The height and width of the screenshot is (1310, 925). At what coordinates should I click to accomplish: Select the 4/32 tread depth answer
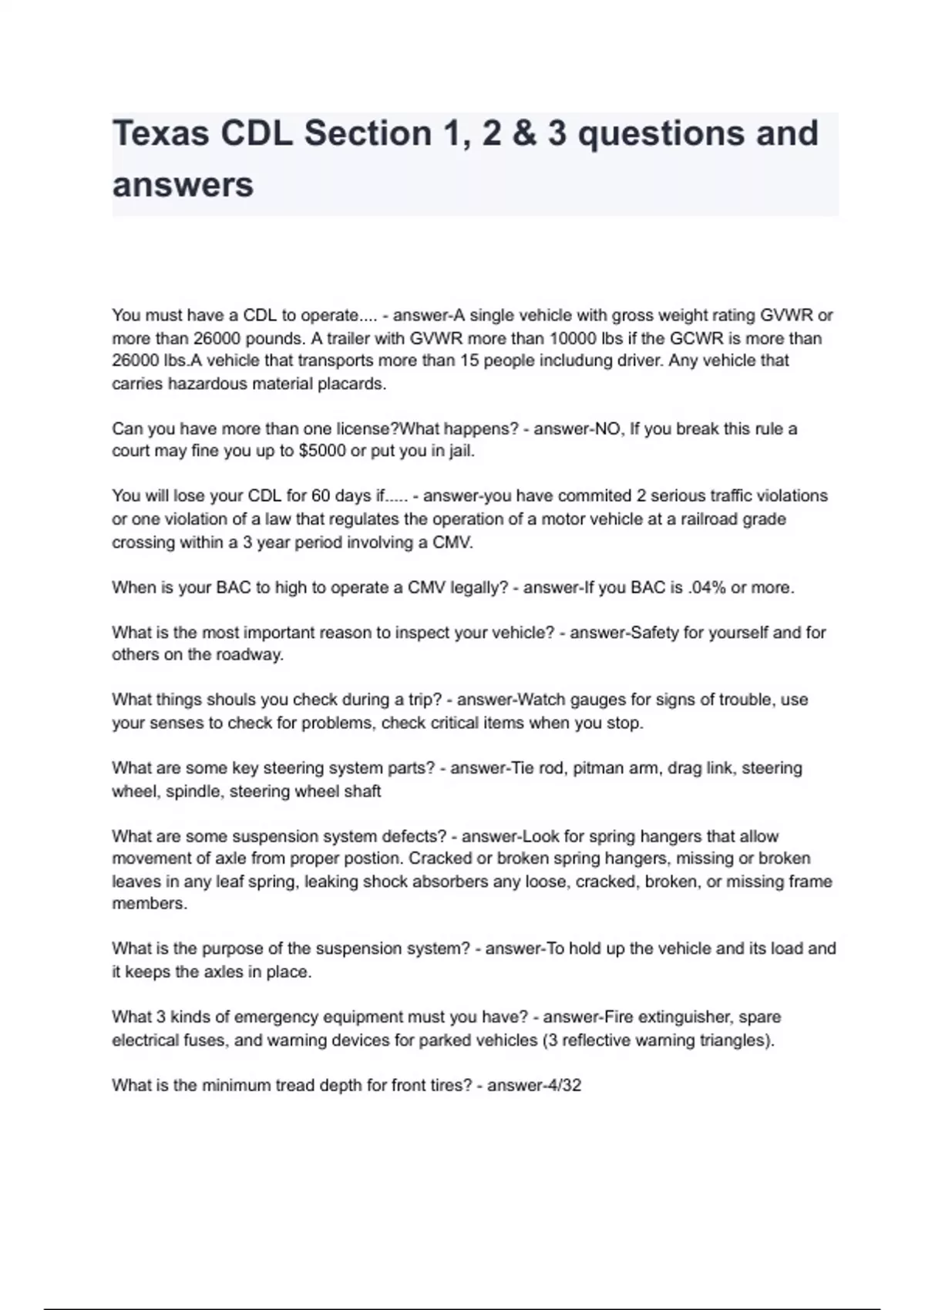point(562,1086)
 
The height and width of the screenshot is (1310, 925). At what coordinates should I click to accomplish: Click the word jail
point(461,452)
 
